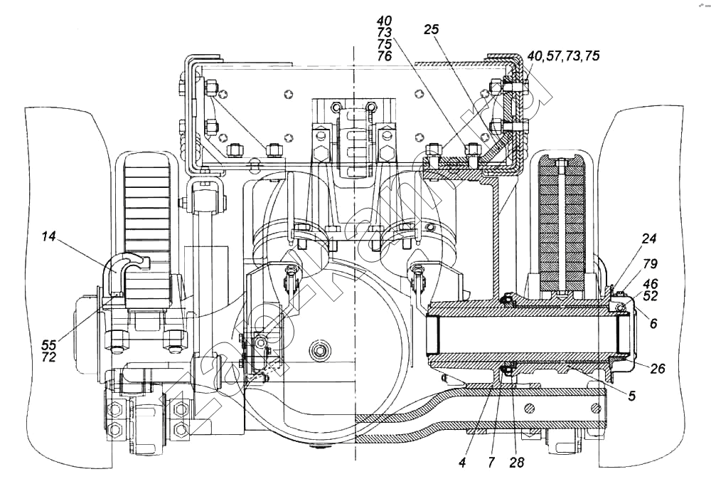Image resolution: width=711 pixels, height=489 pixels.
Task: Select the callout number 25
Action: (431, 30)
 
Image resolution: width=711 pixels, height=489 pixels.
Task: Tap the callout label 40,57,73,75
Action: (559, 57)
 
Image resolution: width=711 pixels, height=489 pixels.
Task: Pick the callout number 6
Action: (653, 322)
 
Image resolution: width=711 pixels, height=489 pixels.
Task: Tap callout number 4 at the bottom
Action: (461, 462)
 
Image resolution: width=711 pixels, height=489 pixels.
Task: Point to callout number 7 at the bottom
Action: (491, 462)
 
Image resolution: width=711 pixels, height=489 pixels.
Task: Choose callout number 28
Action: (517, 462)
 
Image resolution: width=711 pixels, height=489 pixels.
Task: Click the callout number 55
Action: (48, 344)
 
